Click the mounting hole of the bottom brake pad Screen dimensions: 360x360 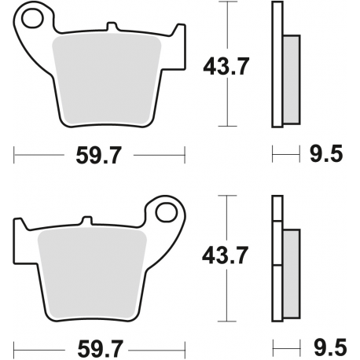tap(166, 212)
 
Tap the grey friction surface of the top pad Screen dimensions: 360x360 tap(108, 79)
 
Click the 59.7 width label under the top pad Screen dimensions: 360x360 tap(100, 156)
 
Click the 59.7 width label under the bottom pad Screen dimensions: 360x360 tap(100, 346)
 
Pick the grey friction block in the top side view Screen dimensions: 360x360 tap(291, 79)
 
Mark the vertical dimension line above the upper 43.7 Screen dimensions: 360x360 tap(229, 28)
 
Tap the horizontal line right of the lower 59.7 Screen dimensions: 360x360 tap(157, 345)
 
